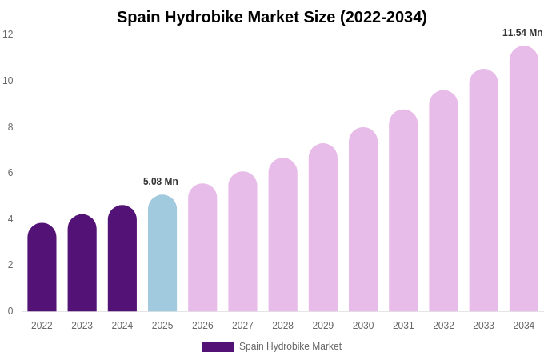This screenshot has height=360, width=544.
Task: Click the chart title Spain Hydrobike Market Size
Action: [x=272, y=17]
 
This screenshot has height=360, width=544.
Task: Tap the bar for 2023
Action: [x=82, y=264]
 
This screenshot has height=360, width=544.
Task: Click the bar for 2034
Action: [x=524, y=179]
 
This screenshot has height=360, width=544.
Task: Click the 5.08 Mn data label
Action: [x=161, y=182]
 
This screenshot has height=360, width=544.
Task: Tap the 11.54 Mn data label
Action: [x=522, y=33]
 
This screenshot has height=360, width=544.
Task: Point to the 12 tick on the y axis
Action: [x=8, y=34]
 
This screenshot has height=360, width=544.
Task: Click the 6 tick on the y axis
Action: [x=10, y=173]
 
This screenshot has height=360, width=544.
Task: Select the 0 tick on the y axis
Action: [x=10, y=311]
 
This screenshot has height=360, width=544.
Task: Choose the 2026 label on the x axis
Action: [x=202, y=326]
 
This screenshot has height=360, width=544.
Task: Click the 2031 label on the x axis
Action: [x=403, y=326]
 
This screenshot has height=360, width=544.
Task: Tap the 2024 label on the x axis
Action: [x=122, y=326]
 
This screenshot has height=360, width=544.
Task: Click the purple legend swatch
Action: [x=218, y=347]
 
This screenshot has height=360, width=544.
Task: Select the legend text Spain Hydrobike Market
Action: [x=290, y=346]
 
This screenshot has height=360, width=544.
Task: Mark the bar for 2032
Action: [x=443, y=202]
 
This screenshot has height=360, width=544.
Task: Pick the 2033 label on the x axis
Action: [x=483, y=326]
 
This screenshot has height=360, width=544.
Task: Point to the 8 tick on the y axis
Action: [x=10, y=127]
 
